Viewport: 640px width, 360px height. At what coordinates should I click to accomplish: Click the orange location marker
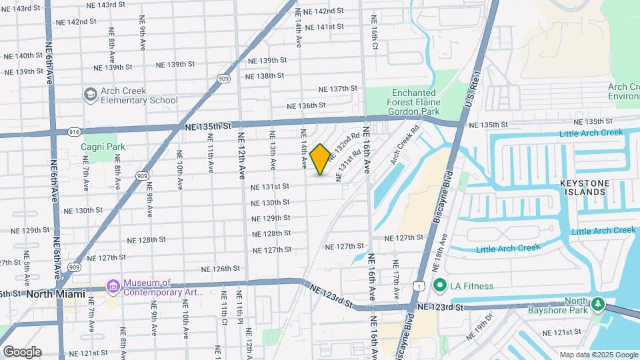pos(320,159)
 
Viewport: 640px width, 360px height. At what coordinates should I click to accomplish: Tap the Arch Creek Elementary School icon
pos(89,95)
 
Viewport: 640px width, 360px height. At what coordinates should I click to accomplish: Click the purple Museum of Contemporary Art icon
pos(112,287)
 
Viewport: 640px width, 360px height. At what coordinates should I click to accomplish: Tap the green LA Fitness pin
pos(439,286)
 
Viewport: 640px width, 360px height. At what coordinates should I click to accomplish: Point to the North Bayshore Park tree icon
pos(597,305)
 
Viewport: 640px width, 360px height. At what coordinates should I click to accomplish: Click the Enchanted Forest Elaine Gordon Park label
pos(423,103)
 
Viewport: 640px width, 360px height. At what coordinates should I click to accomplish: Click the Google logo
pos(22,352)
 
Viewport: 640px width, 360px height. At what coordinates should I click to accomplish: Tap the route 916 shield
pos(73,133)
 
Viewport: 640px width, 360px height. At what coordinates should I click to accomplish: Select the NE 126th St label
pos(221,269)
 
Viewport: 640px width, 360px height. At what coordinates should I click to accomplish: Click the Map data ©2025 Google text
pos(598,355)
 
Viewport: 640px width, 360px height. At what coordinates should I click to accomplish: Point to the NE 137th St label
pos(339,89)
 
